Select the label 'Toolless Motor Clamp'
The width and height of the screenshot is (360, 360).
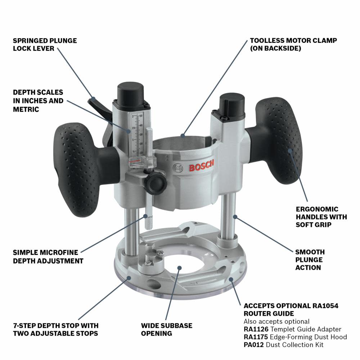pyautogui.click(x=293, y=44)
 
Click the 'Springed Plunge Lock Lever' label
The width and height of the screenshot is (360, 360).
pyautogui.click(x=45, y=44)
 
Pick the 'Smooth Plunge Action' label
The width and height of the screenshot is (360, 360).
pyautogui.click(x=310, y=260)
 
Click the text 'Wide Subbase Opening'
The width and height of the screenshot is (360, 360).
pyautogui.click(x=166, y=329)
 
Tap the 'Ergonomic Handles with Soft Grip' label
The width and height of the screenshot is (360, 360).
pyautogui.click(x=321, y=217)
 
